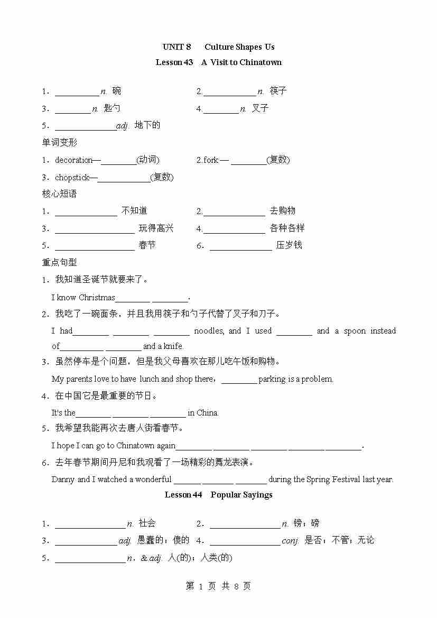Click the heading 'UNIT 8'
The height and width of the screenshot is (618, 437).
click(177, 47)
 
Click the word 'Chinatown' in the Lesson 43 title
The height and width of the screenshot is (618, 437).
click(261, 62)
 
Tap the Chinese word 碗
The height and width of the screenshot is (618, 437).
click(116, 91)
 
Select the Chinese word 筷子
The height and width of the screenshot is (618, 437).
click(278, 91)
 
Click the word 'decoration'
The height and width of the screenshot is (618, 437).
click(74, 160)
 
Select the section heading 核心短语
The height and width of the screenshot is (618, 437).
click(60, 194)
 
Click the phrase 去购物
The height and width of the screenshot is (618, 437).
click(283, 211)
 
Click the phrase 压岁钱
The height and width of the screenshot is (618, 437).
click(289, 245)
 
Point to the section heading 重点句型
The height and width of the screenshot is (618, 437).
click(60, 262)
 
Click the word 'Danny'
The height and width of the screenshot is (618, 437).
click(63, 479)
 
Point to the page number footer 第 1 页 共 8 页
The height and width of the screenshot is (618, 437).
click(218, 586)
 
